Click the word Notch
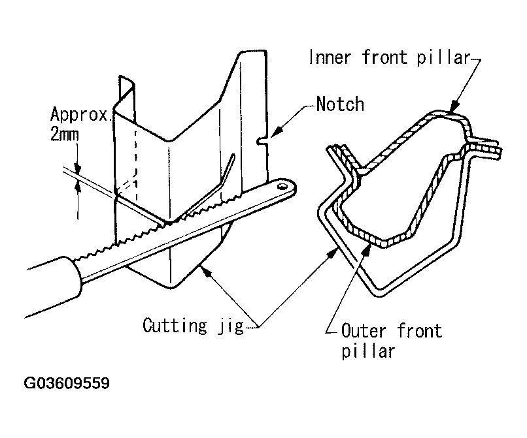339,104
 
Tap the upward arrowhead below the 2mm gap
78,186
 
